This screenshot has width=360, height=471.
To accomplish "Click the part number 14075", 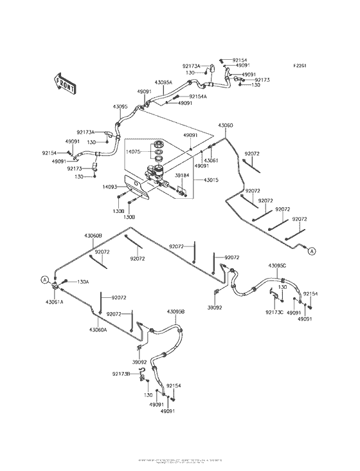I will click(x=115, y=151).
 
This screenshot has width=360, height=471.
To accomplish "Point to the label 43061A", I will click(x=54, y=301).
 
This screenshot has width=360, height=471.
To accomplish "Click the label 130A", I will click(x=83, y=282).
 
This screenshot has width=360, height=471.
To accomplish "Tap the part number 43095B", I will click(x=176, y=311).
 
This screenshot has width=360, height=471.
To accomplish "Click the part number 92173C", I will click(x=274, y=312).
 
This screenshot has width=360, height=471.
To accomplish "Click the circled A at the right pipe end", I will click(x=312, y=251).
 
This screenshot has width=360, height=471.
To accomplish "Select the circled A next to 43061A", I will click(x=44, y=279).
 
